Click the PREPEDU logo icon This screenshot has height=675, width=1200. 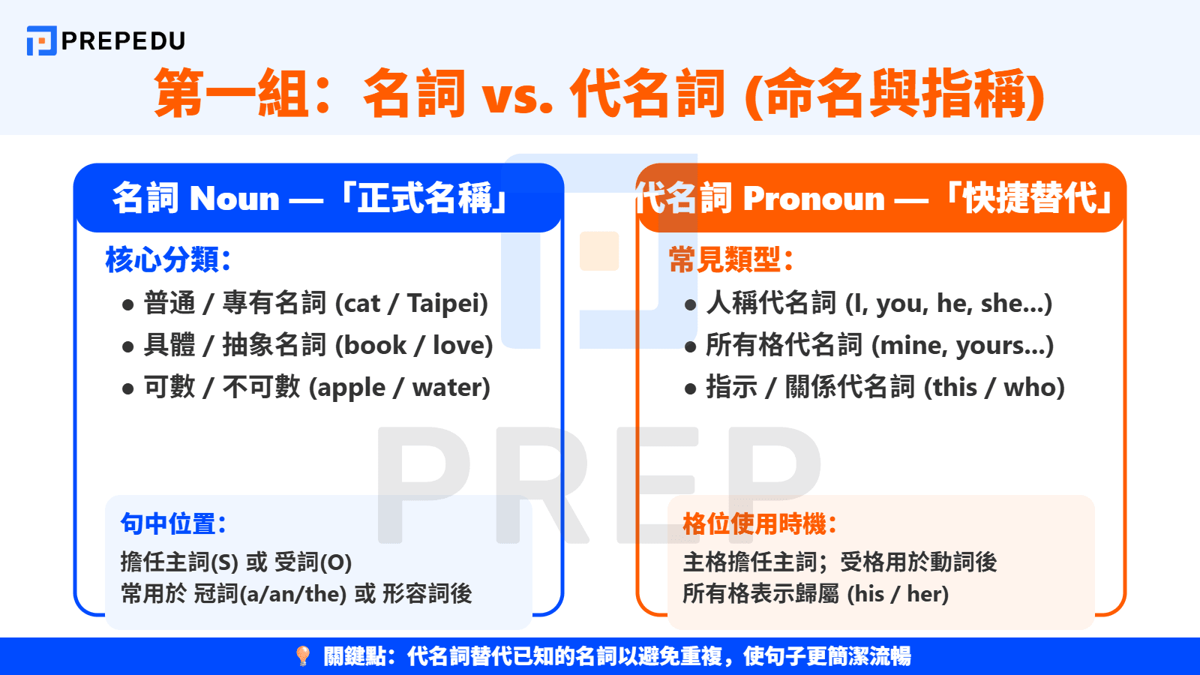click(41, 40)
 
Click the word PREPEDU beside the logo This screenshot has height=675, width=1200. click(123, 40)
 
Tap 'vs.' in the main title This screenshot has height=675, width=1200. click(517, 96)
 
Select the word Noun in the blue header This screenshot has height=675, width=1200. click(234, 199)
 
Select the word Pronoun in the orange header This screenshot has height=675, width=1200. click(814, 199)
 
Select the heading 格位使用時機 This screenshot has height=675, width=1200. click(759, 523)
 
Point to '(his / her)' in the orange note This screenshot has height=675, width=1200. click(898, 594)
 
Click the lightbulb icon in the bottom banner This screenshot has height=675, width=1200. click(303, 656)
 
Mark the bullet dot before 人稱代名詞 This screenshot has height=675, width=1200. click(690, 305)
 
